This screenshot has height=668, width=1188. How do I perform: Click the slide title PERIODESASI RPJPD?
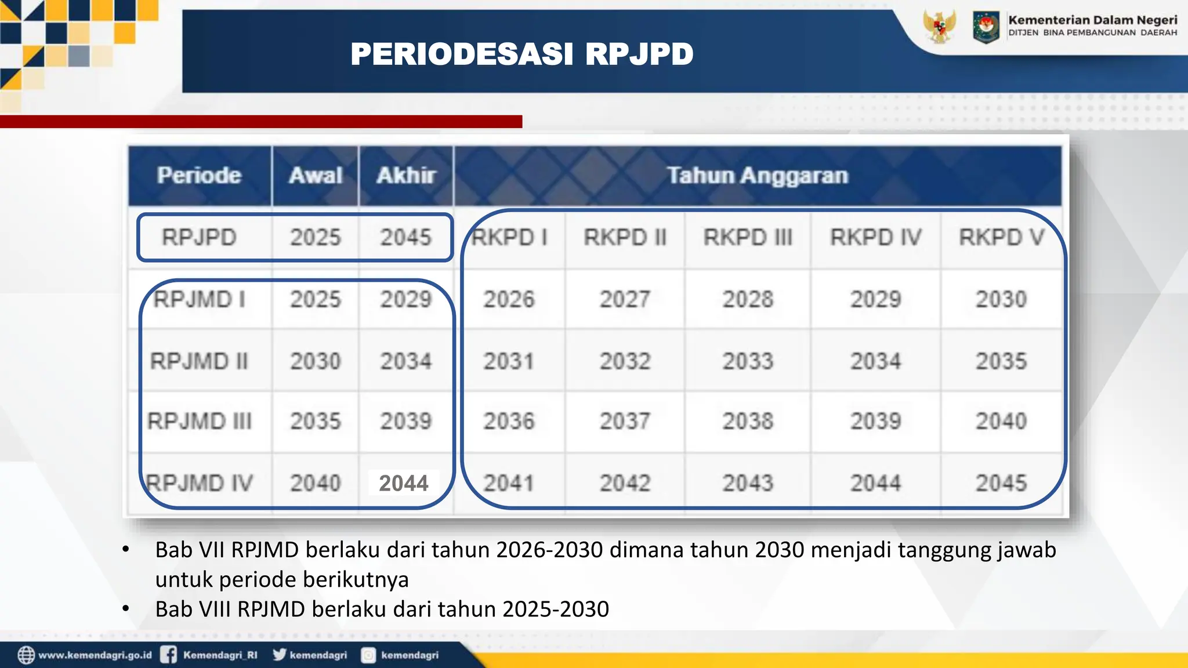[521, 55]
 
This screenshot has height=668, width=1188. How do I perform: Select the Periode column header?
[199, 175]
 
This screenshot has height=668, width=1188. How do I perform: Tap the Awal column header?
[316, 175]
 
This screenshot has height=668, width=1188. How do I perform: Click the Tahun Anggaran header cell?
[757, 175]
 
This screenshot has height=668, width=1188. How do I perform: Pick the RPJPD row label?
[199, 237]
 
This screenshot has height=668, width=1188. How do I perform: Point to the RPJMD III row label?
[200, 421]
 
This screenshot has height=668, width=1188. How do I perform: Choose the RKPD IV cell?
[875, 237]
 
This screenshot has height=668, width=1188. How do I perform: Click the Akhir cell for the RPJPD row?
[405, 237]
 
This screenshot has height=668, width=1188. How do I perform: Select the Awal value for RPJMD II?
[316, 361]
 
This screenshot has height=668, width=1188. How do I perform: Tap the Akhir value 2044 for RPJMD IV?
[404, 483]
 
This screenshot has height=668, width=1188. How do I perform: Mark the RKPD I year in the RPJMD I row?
[509, 299]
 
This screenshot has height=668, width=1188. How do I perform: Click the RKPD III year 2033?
[748, 361]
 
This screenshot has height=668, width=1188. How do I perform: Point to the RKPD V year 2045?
[1001, 483]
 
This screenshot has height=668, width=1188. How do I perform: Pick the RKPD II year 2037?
[625, 421]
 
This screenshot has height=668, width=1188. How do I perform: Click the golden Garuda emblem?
[939, 26]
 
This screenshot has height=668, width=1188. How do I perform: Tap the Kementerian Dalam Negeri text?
[1093, 20]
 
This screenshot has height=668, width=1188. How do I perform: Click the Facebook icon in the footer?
[169, 655]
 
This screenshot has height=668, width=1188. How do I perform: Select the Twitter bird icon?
[280, 654]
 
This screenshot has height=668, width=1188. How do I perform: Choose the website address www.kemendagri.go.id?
[95, 655]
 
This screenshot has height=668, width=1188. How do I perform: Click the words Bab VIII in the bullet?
[193, 609]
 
